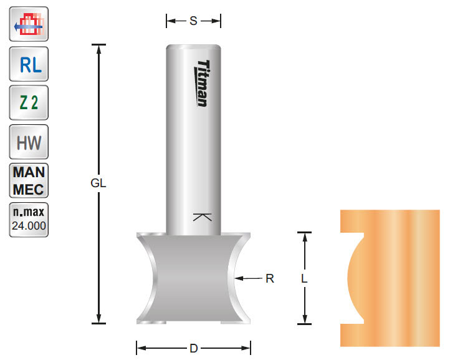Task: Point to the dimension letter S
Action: pos(193,21)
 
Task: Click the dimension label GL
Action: pos(98,184)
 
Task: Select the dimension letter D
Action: pos(193,348)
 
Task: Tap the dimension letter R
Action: pos(270,278)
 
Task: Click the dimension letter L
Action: pos(304,280)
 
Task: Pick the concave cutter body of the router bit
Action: pos(193,278)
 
